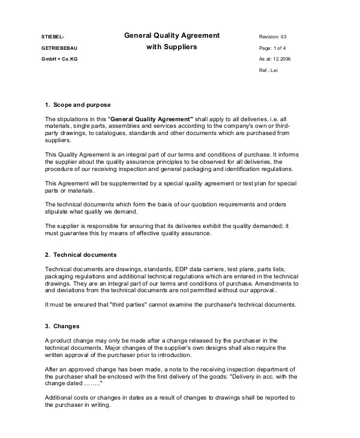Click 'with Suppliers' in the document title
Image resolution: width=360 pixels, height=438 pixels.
(172, 46)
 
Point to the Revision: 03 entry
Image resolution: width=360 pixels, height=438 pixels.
(273, 37)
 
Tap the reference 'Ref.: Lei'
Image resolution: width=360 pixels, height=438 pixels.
(268, 70)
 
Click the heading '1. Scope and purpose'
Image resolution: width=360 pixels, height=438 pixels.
(78, 105)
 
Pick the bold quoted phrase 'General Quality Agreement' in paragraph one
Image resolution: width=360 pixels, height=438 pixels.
(150, 119)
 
